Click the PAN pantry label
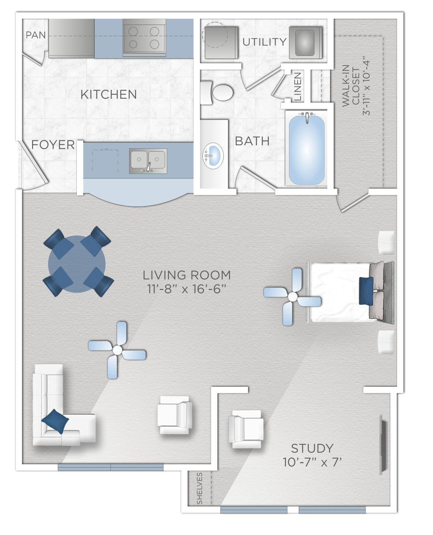click(x=36, y=35)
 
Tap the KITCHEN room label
click(x=109, y=94)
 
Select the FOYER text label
click(x=53, y=145)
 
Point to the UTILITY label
click(x=264, y=42)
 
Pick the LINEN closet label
click(x=298, y=86)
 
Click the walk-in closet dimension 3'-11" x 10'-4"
click(x=366, y=88)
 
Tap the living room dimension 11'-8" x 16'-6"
click(x=186, y=289)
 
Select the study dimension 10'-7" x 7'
click(x=312, y=462)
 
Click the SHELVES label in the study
click(x=200, y=488)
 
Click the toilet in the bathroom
click(x=216, y=92)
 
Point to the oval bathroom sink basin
click(x=213, y=156)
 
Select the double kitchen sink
click(x=148, y=161)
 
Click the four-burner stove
click(x=144, y=38)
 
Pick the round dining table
click(x=77, y=264)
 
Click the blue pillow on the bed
click(x=366, y=291)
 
